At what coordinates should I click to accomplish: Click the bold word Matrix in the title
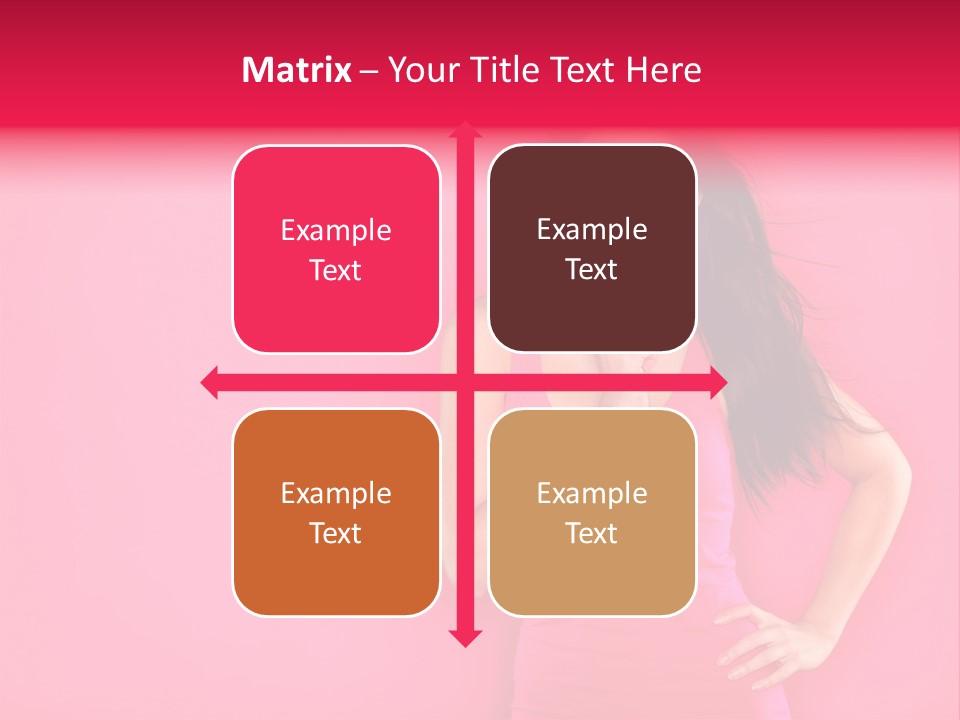296,70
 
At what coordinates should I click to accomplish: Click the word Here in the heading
663,70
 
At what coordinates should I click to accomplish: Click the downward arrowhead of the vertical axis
464,637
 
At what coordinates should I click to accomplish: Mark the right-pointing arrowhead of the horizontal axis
717,382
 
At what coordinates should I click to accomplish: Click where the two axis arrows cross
464,382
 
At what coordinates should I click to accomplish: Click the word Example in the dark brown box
592,230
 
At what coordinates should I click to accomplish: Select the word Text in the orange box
335,534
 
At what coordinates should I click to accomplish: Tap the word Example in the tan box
592,494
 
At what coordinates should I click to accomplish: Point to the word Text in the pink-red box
335,271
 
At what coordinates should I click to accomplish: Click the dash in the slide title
369,71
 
